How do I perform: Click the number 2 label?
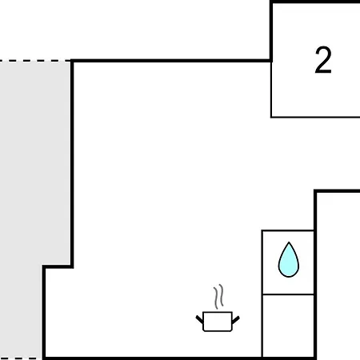[x=323, y=60]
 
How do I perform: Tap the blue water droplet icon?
[x=289, y=259]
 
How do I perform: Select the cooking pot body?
[x=218, y=322]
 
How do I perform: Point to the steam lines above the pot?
[x=218, y=297]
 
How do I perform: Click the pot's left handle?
[x=199, y=319]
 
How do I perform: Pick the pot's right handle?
[x=236, y=320]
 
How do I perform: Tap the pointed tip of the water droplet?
[x=289, y=242]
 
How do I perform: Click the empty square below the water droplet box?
[x=288, y=326]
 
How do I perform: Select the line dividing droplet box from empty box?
[x=288, y=294]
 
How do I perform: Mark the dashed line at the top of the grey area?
[x=35, y=61]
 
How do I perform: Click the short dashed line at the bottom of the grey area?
[x=21, y=358]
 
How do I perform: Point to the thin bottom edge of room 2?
[x=315, y=117]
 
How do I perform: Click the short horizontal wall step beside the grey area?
[x=58, y=266]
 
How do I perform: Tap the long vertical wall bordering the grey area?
[x=72, y=163]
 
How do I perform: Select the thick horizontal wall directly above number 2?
[x=315, y=2]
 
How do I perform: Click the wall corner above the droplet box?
[x=315, y=191]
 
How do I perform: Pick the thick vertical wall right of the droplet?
[x=315, y=274]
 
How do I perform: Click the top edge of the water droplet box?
[x=288, y=230]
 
